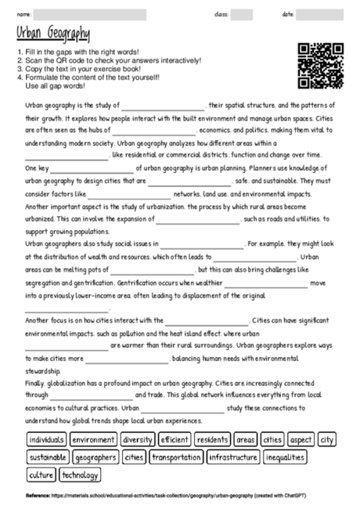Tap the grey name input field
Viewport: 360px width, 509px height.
(90, 14)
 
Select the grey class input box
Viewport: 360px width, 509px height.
(241, 14)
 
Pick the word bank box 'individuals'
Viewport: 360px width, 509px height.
(46, 439)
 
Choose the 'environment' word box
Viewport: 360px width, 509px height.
(94, 439)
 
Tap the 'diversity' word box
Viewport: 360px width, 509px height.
(138, 439)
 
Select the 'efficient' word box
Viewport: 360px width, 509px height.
(175, 439)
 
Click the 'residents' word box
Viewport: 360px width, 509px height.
(212, 439)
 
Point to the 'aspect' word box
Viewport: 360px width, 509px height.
(301, 439)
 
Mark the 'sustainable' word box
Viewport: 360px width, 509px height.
(48, 457)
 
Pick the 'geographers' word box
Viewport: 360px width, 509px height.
(96, 457)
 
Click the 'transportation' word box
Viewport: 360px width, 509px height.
(176, 457)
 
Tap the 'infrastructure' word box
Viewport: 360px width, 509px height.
(233, 457)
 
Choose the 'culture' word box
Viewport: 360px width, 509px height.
(41, 474)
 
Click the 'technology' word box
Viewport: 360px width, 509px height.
(80, 474)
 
